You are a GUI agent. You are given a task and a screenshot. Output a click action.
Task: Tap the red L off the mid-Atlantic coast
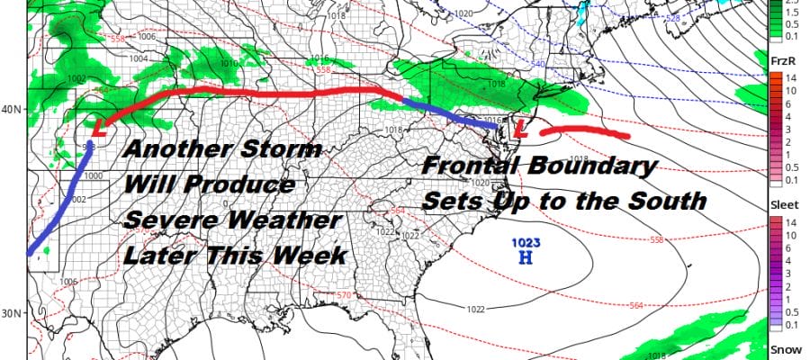pyautogui.click(x=520, y=130)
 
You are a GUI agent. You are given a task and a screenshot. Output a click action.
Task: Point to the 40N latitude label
pyautogui.click(x=12, y=110)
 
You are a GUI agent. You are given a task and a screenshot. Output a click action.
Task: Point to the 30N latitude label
pyautogui.click(x=12, y=313)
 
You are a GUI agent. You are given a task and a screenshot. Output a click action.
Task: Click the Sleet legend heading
pyautogui.click(x=780, y=204)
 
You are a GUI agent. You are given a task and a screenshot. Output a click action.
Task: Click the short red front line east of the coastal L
pyautogui.click(x=585, y=133)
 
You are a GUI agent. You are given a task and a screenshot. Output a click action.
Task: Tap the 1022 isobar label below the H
pyautogui.click(x=478, y=309)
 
